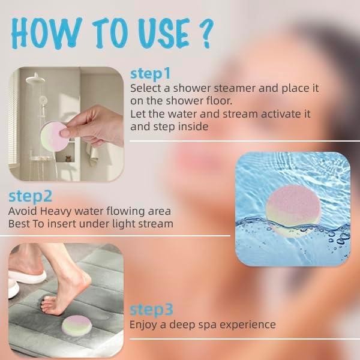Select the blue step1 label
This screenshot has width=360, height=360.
[151, 74]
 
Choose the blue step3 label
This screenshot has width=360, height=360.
[151, 310]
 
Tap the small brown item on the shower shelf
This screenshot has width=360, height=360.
[67, 161]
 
